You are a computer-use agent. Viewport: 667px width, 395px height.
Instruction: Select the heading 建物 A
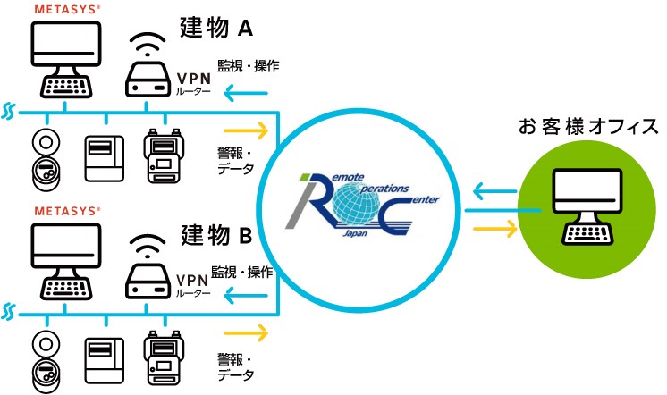point(216,29)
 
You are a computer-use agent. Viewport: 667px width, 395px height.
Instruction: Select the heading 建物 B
point(216,239)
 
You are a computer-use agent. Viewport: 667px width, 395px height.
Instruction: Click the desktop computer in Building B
point(64,261)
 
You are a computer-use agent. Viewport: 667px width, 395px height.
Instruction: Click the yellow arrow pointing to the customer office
point(494,229)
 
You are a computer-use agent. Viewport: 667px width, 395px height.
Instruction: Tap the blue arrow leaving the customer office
point(494,189)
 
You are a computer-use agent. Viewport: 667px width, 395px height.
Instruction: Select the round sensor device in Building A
point(43,159)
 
